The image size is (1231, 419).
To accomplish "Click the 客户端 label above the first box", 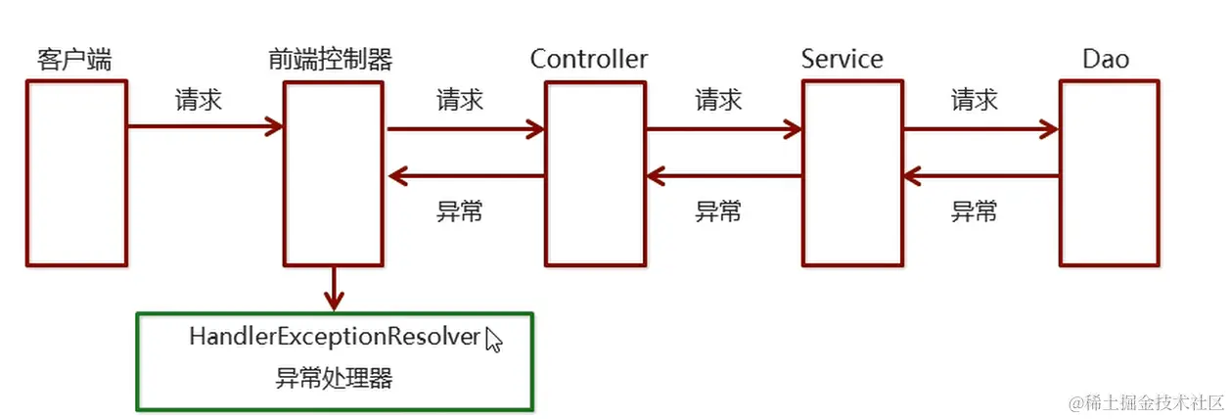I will click(x=73, y=60).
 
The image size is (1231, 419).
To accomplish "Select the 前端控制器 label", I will click(x=330, y=60).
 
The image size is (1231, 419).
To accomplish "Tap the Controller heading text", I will click(x=589, y=59).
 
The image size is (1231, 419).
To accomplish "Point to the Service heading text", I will click(x=842, y=59).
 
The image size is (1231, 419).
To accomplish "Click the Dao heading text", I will click(x=1106, y=59).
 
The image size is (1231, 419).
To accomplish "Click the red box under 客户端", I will click(x=76, y=173).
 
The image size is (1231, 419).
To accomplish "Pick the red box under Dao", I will click(x=1109, y=173).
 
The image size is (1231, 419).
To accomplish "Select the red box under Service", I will click(x=851, y=173).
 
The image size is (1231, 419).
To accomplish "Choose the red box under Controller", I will click(x=595, y=173).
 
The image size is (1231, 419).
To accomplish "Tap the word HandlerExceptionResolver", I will click(x=335, y=338).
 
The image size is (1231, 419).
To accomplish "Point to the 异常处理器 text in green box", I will click(x=334, y=378).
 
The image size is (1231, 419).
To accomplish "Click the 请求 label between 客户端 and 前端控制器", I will click(x=199, y=100).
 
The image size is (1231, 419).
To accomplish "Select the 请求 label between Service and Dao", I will click(x=975, y=100).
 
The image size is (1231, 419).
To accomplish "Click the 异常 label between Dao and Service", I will click(x=975, y=210).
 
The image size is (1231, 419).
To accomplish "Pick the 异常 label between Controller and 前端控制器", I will click(x=459, y=210).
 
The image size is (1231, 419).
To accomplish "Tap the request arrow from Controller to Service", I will click(x=724, y=127).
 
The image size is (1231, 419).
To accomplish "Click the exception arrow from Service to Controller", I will click(x=724, y=176).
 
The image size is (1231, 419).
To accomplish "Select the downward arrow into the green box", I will click(x=335, y=289).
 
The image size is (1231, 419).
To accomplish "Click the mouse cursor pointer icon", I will click(x=493, y=340).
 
